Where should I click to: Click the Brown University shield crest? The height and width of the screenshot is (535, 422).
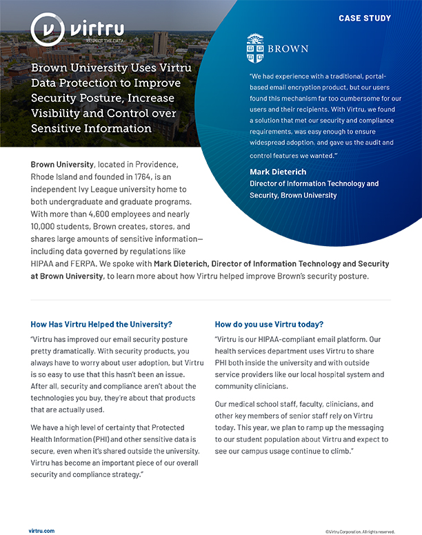pyautogui.click(x=255, y=49)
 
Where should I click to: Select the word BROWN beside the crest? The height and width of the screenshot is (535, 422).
pyautogui.click(x=289, y=50)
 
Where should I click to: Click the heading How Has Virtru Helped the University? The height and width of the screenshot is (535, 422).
pyautogui.click(x=101, y=324)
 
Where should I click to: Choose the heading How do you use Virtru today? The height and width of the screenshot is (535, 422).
pyautogui.click(x=269, y=324)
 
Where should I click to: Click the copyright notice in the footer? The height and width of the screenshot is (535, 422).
pyautogui.click(x=359, y=531)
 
